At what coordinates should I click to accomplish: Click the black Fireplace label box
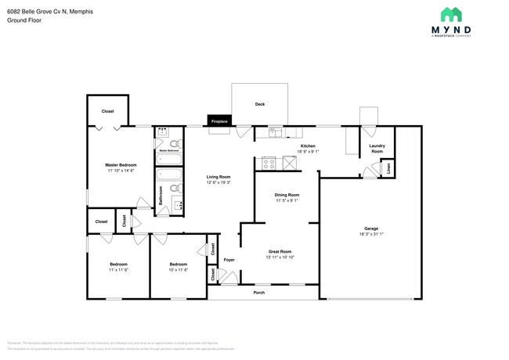pyautogui.click(x=218, y=121)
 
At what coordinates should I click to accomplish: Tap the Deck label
pyautogui.click(x=259, y=104)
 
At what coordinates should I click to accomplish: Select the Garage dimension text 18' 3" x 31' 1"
pyautogui.click(x=370, y=234)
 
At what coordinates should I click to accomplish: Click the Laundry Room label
pyautogui.click(x=377, y=149)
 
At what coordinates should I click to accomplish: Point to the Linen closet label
pyautogui.click(x=388, y=168)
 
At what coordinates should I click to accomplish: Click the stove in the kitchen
pyautogui.click(x=269, y=164)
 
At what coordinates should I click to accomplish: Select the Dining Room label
pyautogui.click(x=286, y=194)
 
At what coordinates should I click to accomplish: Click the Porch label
pyautogui.click(x=258, y=293)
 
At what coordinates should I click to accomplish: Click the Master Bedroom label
pyautogui.click(x=121, y=164)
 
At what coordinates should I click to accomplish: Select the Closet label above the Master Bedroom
pyautogui.click(x=107, y=111)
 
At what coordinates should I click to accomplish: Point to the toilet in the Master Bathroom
pyautogui.click(x=175, y=144)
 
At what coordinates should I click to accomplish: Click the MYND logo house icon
pyautogui.click(x=450, y=14)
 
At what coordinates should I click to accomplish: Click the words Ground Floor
pyautogui.click(x=23, y=20)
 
